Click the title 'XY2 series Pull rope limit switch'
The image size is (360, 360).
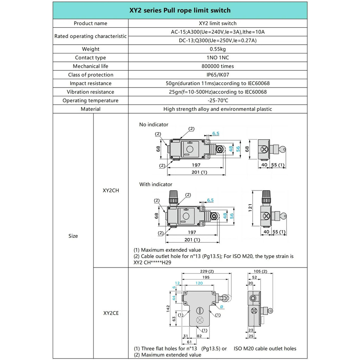(x=180, y=11)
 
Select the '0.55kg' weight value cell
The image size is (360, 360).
(x=218, y=49)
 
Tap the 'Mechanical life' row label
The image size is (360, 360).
(x=90, y=66)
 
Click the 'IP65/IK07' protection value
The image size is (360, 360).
(x=218, y=75)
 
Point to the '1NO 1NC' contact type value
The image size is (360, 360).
(x=218, y=58)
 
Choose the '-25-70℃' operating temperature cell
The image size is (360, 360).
(x=218, y=101)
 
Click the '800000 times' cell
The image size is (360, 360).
(x=218, y=66)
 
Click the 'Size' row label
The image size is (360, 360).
(x=73, y=236)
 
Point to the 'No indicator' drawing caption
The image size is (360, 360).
(x=154, y=124)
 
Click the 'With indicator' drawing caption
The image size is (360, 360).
(x=156, y=184)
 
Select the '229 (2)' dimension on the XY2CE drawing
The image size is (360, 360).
(x=206, y=271)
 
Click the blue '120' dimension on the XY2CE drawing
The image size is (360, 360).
(x=199, y=283)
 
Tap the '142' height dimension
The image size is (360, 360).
(x=168, y=308)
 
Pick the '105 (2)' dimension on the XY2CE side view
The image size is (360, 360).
(x=260, y=271)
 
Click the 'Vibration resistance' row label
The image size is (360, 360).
(x=90, y=92)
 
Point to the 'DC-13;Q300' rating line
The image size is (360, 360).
(x=218, y=40)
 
